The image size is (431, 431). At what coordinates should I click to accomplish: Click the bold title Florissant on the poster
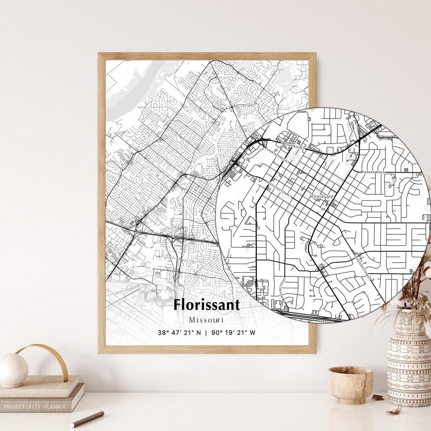(x=206, y=305)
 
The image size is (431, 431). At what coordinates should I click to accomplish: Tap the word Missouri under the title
(x=206, y=320)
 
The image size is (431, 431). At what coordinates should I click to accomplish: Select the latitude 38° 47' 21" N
(x=179, y=332)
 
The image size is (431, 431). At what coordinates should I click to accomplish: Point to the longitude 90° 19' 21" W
(x=233, y=332)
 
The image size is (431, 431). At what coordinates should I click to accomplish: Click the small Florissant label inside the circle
(x=322, y=196)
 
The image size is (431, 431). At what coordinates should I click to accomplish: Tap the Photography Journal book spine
(x=34, y=393)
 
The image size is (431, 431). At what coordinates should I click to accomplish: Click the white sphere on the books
(x=13, y=370)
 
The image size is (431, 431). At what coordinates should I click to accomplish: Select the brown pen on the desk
(x=87, y=419)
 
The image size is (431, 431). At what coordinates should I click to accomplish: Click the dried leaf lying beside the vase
(x=378, y=397)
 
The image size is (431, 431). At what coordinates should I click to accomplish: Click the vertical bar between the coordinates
(x=206, y=332)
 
